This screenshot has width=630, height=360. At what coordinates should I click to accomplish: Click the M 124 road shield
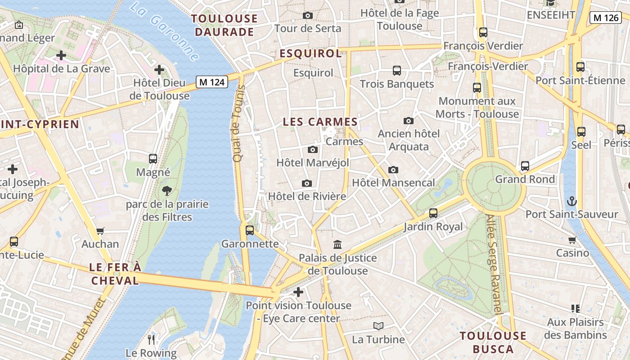(x=212, y=82)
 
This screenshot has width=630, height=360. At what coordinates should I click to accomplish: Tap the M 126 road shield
(x=605, y=18)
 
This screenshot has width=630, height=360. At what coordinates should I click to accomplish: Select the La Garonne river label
(x=164, y=31)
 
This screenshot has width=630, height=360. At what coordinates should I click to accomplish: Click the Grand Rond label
(x=525, y=179)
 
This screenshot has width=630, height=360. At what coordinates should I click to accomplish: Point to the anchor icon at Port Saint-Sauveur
(x=572, y=201)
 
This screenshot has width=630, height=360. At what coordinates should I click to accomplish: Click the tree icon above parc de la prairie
(x=167, y=190)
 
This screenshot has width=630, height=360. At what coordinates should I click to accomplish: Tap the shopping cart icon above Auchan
(x=100, y=231)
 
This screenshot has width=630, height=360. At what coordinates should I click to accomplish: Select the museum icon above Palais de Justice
(x=337, y=244)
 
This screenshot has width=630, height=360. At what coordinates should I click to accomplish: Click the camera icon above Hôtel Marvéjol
(x=312, y=149)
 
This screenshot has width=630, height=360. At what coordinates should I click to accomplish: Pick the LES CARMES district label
(x=320, y=122)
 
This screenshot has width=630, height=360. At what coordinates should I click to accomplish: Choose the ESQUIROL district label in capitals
(x=310, y=54)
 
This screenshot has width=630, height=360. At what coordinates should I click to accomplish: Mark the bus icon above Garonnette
(x=250, y=230)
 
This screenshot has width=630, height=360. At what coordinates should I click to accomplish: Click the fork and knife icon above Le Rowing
(x=151, y=339)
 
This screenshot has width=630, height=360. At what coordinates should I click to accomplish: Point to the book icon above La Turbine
(x=378, y=326)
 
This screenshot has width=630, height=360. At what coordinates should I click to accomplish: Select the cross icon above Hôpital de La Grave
(x=61, y=55)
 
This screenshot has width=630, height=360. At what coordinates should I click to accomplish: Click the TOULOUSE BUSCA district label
(x=493, y=342)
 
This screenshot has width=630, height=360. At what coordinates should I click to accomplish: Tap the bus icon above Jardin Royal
(x=433, y=213)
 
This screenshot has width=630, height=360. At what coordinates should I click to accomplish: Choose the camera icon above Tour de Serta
(x=308, y=15)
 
